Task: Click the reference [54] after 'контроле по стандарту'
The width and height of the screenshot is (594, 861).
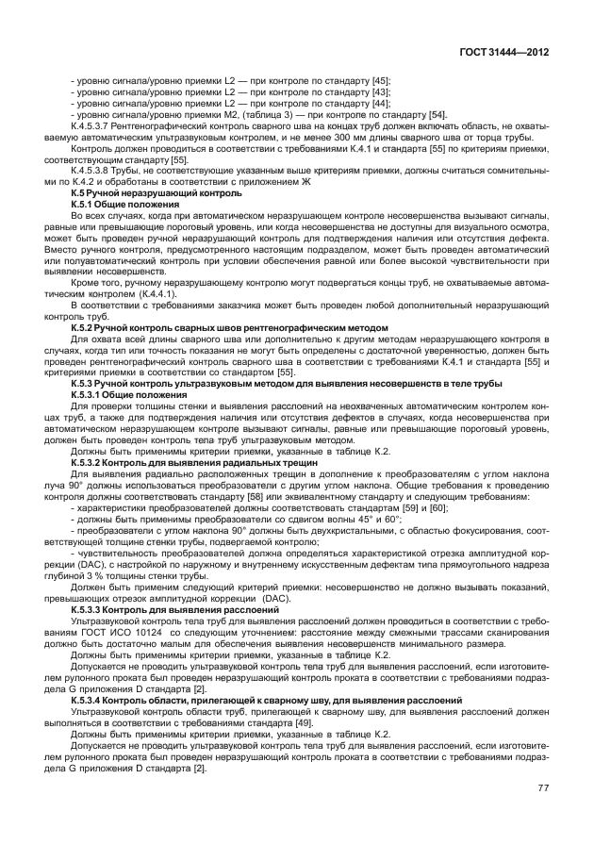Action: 437,115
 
